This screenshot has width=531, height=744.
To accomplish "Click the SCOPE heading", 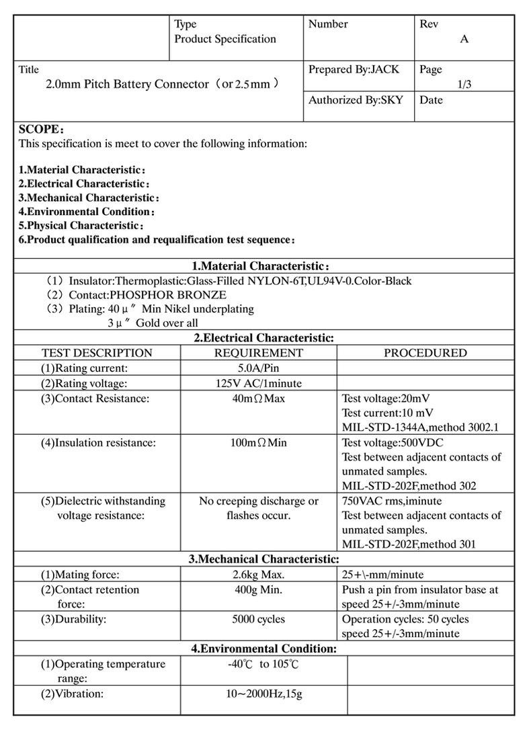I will coord(41,129).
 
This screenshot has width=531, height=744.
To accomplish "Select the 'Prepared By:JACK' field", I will coord(354,69).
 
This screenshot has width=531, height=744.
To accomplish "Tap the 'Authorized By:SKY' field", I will coord(356,100).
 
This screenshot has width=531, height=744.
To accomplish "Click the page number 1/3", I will coord(464,85).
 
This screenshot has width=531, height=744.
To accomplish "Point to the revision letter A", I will coord(464,39).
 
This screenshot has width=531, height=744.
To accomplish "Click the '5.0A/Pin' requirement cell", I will coord(259,368).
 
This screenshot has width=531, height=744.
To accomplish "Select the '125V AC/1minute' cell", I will coord(259,383).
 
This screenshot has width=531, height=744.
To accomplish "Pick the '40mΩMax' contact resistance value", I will coord(259,399).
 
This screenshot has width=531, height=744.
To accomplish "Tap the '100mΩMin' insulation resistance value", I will coord(259,443).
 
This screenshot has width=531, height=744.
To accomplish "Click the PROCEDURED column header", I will coord(425,353).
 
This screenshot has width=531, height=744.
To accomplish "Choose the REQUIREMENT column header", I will coord(259,353).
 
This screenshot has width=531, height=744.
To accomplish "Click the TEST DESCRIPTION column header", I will coord(97,353).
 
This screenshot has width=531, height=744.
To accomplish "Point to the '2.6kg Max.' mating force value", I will coord(259,575).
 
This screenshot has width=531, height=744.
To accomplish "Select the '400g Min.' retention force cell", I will coord(259,589).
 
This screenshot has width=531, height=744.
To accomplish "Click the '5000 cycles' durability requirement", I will coord(259,619).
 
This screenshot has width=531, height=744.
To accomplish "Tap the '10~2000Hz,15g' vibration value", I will coord(263,694).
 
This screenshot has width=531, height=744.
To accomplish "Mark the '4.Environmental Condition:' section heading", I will coord(263,649).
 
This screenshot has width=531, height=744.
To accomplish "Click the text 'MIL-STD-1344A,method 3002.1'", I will coord(420,427).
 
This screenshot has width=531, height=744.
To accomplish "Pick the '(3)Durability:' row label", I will coord(73,619).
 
